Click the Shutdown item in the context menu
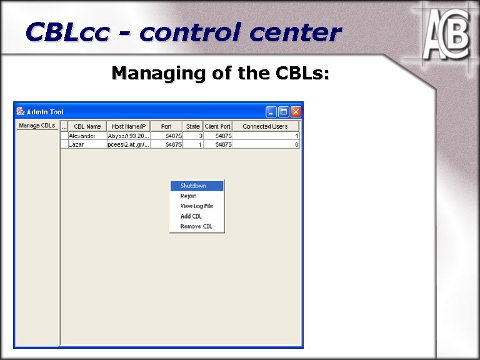193,186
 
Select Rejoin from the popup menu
188,196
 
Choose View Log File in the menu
196,206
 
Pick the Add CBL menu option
191,216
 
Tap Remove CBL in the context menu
196,226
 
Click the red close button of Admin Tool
295,112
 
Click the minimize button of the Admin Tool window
271,112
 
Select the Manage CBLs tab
37,126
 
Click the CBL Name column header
87,126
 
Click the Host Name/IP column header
128,126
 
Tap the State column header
193,126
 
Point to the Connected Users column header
266,126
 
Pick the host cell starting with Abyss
128,136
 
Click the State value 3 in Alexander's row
199,136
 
